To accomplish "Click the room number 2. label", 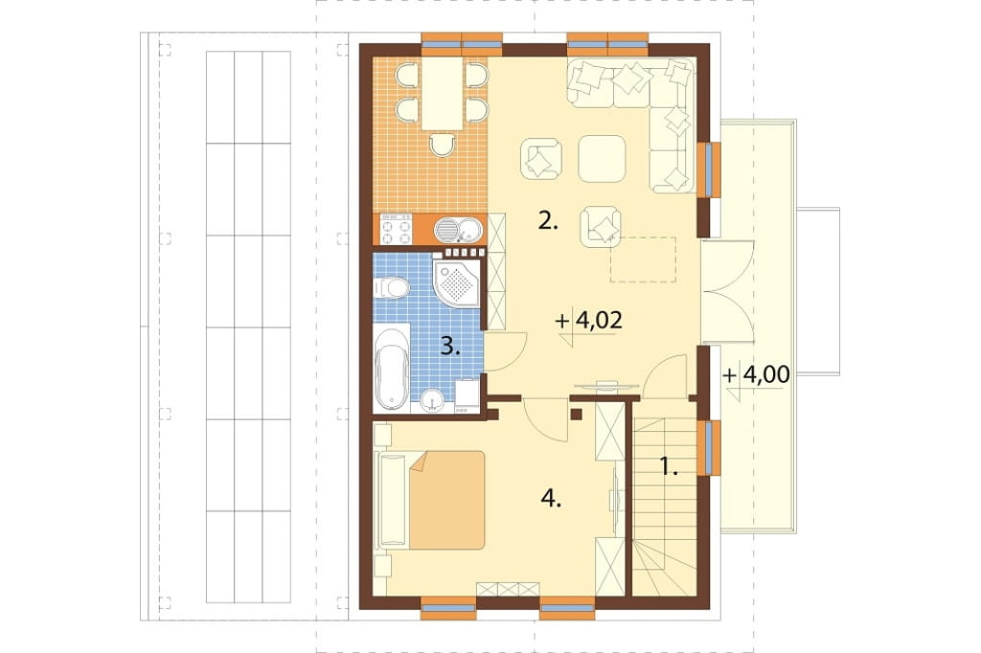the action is (x=547, y=221).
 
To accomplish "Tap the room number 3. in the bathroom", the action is (x=450, y=346).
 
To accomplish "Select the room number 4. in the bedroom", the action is (x=551, y=499).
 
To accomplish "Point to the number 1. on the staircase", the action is (x=669, y=466).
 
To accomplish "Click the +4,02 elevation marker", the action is (x=589, y=322).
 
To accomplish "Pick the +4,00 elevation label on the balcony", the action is (x=756, y=374).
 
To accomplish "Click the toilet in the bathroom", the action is (x=391, y=288).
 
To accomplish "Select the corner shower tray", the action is (x=457, y=283).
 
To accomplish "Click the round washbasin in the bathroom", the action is (x=431, y=401).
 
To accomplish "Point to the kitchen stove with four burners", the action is (x=396, y=229).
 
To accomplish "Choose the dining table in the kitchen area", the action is (x=443, y=94).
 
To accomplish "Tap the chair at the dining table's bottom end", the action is (x=443, y=145).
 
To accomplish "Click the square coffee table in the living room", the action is (x=602, y=159).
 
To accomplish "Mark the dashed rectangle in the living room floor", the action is (x=643, y=259).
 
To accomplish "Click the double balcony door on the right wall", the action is (x=726, y=291).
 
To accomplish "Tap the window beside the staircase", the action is (x=709, y=448).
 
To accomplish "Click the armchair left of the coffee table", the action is (x=540, y=160).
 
